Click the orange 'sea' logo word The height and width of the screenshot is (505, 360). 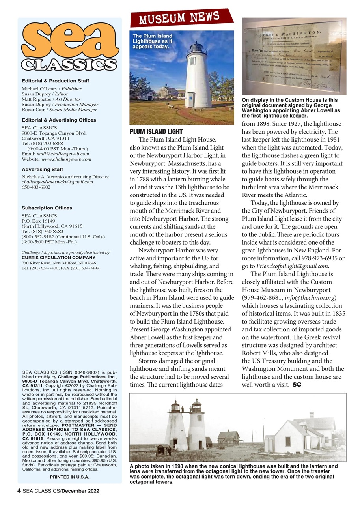tap(70, 41)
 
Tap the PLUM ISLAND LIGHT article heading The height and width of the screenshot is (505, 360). tap(156, 131)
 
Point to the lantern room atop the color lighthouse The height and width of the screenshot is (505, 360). tap(196, 49)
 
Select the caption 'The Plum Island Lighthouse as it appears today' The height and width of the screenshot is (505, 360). tap(152, 41)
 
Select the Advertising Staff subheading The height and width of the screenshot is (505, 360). tap(42, 169)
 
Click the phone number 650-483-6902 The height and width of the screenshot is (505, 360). tap(36, 187)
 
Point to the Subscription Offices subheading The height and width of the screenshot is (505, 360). tap(47, 208)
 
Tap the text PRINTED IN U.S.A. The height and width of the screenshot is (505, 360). tap(69, 477)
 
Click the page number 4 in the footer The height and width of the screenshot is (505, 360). tap(19, 491)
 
